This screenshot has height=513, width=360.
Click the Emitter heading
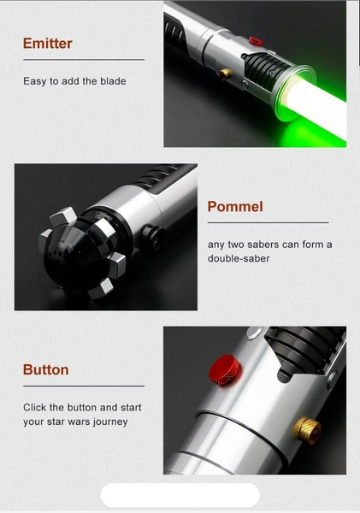click(x=47, y=44)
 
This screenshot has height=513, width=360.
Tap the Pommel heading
click(x=235, y=207)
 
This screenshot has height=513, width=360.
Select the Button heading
click(x=46, y=370)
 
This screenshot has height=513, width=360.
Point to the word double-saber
click(x=239, y=258)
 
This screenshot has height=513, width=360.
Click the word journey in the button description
click(x=110, y=422)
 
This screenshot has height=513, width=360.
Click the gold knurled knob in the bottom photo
click(x=307, y=430)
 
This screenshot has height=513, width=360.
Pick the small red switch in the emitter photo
click(x=256, y=41)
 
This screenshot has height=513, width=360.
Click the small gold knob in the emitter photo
click(x=226, y=74)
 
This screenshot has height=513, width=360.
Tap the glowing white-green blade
click(x=317, y=108)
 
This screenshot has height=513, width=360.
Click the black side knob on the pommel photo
click(x=153, y=237)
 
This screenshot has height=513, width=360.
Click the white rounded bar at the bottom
click(x=180, y=495)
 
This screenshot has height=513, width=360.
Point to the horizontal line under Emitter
click(x=84, y=60)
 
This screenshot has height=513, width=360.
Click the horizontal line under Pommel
click(x=268, y=223)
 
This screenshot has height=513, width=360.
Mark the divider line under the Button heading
click(x=84, y=386)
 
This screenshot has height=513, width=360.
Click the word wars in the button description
click(x=79, y=422)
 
